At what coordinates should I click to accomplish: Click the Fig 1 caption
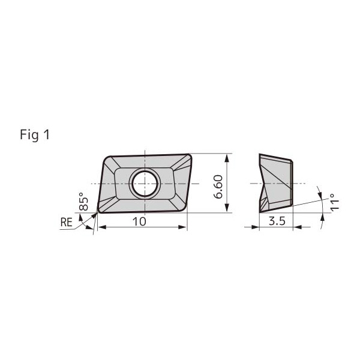(35, 134)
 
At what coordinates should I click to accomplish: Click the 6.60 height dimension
(218, 187)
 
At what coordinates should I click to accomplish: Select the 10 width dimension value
(139, 221)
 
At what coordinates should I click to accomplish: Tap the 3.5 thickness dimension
(277, 221)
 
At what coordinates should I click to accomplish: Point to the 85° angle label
(83, 201)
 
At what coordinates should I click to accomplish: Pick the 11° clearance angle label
(334, 202)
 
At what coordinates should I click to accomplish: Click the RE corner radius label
(67, 222)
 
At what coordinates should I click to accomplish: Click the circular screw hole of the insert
(145, 184)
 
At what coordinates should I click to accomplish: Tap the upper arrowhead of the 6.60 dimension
(227, 158)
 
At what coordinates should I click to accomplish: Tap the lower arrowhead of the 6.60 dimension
(227, 208)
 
